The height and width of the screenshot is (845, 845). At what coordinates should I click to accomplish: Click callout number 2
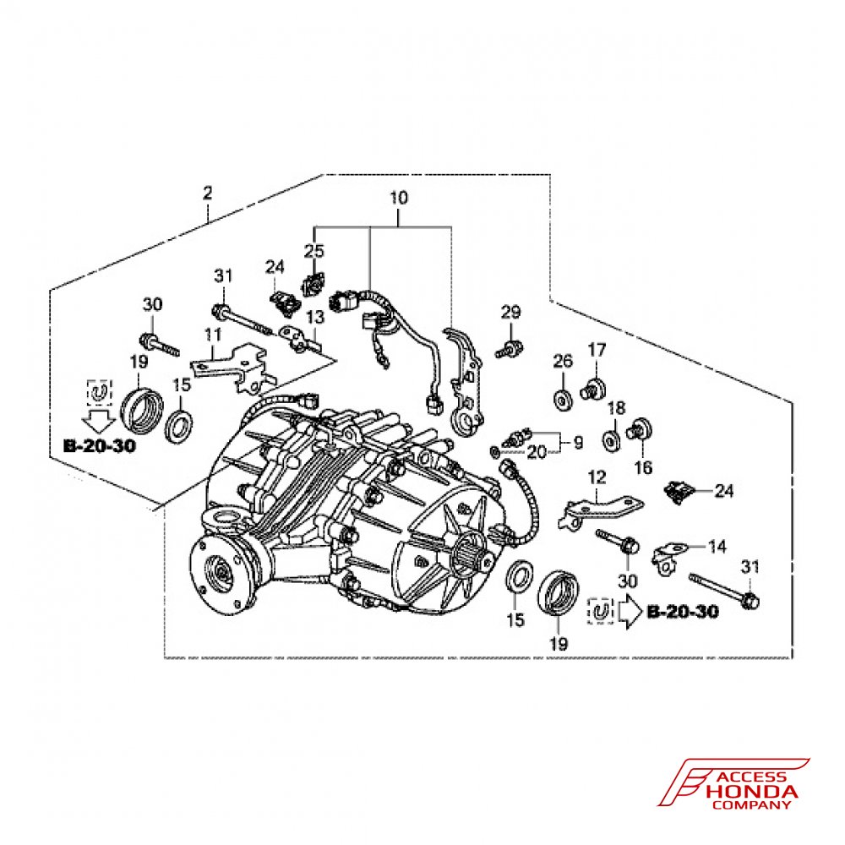[207, 194]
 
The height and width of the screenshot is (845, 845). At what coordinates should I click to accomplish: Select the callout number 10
[398, 199]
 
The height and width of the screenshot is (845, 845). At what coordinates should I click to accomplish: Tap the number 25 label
[314, 251]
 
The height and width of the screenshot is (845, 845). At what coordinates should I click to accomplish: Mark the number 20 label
[537, 453]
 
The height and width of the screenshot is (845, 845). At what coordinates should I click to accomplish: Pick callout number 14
[717, 547]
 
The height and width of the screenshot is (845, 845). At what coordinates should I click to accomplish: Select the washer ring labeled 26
[561, 397]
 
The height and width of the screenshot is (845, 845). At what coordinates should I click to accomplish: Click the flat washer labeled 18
[608, 439]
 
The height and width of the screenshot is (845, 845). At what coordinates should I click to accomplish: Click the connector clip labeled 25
[313, 284]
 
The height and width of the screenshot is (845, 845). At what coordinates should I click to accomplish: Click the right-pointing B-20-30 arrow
[628, 613]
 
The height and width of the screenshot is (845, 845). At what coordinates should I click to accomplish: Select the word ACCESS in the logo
[755, 777]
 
